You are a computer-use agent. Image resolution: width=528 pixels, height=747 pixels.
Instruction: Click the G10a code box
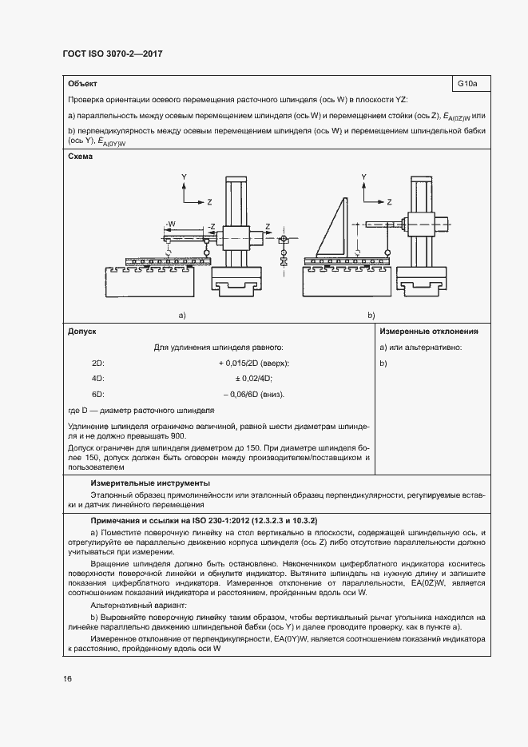[x=468, y=83]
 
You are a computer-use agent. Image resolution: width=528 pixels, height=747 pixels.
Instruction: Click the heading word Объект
[x=83, y=83]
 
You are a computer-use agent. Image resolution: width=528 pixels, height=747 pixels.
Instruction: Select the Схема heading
[x=81, y=157]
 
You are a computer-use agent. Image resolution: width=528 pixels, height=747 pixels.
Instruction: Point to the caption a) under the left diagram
[x=182, y=316]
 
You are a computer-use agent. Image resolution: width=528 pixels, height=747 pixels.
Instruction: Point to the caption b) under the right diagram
[x=371, y=316]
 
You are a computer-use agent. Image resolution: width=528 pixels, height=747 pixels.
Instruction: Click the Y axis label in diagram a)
[x=183, y=175]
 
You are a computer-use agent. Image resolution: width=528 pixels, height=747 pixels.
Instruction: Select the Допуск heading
[x=82, y=331]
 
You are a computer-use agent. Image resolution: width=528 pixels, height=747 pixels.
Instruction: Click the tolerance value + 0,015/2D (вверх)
[x=252, y=363]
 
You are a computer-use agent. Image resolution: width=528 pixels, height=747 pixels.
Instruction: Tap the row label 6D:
[x=98, y=394]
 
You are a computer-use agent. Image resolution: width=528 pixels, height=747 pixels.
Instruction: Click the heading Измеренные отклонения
[x=429, y=331]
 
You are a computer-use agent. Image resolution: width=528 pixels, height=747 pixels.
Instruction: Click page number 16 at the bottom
[x=67, y=678]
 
